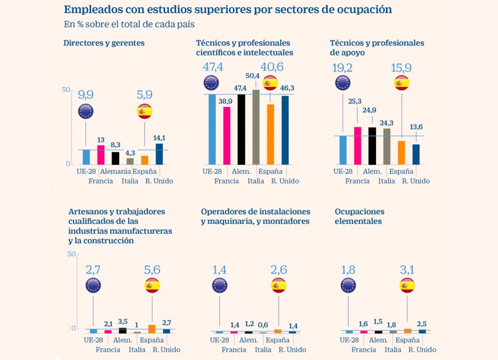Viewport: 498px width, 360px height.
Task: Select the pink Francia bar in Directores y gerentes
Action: [x=101, y=155]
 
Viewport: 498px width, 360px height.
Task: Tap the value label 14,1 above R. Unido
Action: [x=159, y=137]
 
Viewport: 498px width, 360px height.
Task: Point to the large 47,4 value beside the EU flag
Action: [x=213, y=67]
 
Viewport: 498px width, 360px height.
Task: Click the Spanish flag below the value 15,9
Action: [x=402, y=83]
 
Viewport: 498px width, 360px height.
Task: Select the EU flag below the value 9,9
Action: [x=86, y=111]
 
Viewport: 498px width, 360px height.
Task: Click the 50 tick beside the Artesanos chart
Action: [x=71, y=254]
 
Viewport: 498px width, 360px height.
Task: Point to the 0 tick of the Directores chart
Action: [x=67, y=164]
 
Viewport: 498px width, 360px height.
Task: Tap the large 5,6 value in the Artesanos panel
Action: [x=153, y=270]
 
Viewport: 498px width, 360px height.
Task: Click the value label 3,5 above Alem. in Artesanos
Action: [x=123, y=321]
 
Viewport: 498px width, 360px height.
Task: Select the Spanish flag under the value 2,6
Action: [x=279, y=286]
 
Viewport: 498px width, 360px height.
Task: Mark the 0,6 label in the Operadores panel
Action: [x=263, y=324]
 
